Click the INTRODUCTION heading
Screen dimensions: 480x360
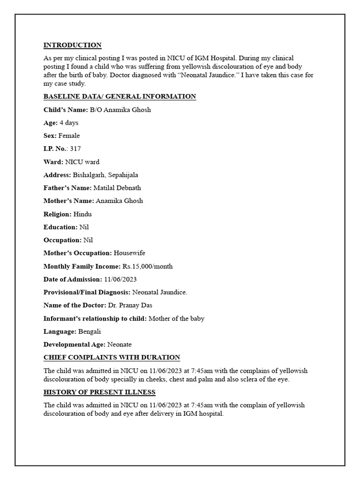coord(72,45)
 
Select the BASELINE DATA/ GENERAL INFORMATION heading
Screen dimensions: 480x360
coord(120,97)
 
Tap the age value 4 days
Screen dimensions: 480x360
coord(69,123)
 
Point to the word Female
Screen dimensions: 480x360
coord(69,136)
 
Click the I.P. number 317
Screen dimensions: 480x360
coord(75,149)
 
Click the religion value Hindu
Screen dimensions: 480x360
coord(82,214)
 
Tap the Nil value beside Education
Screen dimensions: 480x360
coord(84,227)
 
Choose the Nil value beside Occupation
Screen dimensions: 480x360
coord(88,240)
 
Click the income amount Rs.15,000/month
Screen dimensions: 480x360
coord(147,266)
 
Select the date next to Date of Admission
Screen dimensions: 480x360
coord(121,279)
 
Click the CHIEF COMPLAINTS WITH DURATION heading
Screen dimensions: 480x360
coord(112,358)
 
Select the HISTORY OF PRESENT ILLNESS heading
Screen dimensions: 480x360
coord(99,392)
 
